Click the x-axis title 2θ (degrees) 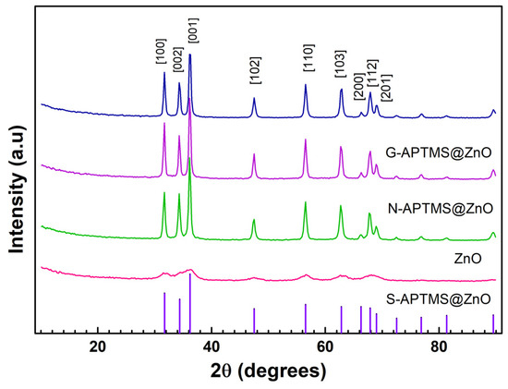tap(268, 371)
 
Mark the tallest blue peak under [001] tap(190, 55)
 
